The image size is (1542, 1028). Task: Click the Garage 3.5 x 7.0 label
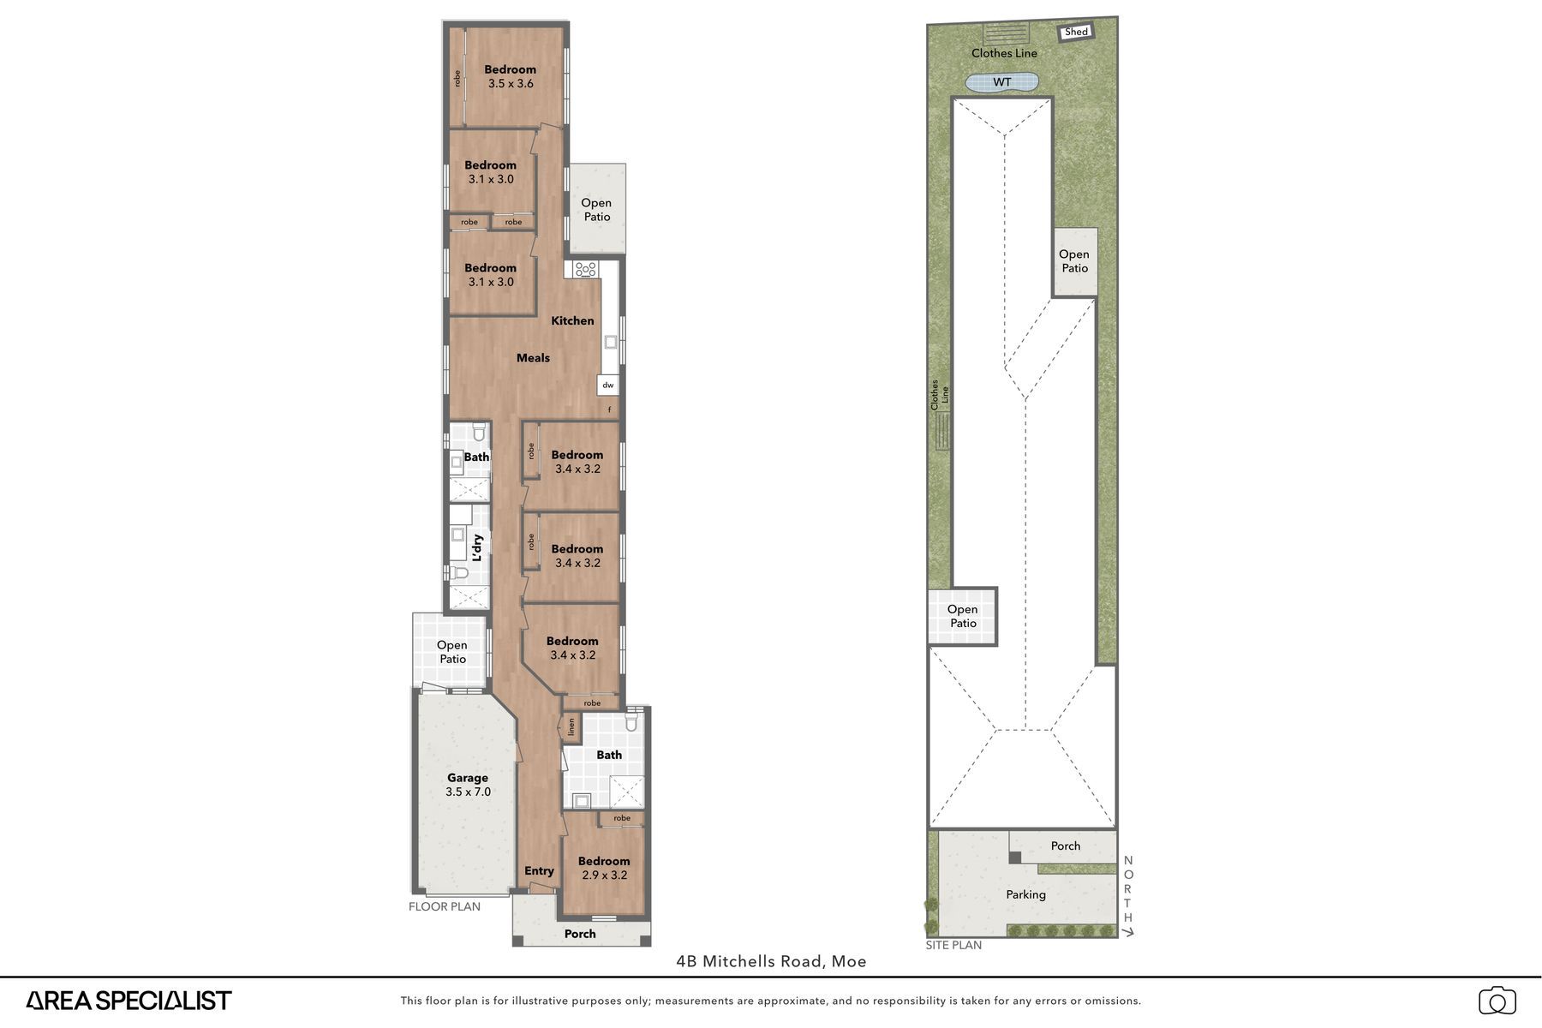[468, 785]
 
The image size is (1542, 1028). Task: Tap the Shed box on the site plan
[1076, 33]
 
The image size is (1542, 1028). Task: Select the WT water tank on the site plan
[1002, 82]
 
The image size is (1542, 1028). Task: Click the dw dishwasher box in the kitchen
[608, 385]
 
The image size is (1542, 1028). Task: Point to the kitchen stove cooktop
[586, 269]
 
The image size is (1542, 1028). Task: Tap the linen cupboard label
[571, 728]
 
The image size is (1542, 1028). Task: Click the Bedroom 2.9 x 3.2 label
[604, 868]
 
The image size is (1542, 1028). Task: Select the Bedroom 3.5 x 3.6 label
[511, 76]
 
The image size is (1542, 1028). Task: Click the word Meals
[533, 358]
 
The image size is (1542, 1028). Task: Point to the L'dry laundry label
[477, 548]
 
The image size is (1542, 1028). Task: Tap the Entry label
[539, 871]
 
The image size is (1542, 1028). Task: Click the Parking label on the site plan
[1025, 894]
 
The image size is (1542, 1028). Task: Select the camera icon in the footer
[1497, 1001]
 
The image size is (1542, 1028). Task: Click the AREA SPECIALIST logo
[128, 1000]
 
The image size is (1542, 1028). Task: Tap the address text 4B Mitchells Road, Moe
[771, 961]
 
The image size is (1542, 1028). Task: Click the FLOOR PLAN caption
[445, 906]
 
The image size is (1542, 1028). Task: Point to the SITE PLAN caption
[953, 945]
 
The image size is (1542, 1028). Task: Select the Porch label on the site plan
[1066, 846]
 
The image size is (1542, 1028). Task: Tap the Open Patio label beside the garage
[452, 652]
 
